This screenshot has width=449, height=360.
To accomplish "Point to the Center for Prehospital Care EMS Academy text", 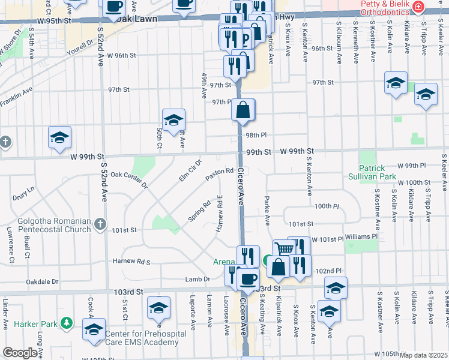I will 142,338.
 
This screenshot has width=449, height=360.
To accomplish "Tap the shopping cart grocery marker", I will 283,248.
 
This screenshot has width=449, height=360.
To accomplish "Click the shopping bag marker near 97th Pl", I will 243,110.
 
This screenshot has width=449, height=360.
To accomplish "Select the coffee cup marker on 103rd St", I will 248,278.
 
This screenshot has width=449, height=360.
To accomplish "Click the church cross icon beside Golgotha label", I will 100,224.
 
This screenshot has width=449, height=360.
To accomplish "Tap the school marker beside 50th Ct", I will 173,119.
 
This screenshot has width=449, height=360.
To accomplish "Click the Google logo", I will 20,353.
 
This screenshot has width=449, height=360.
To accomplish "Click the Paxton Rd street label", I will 219,175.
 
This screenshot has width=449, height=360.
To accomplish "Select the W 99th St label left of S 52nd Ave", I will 83,157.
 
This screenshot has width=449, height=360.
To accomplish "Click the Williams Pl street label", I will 362,236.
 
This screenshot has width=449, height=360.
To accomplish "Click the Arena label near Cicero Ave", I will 224,262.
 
